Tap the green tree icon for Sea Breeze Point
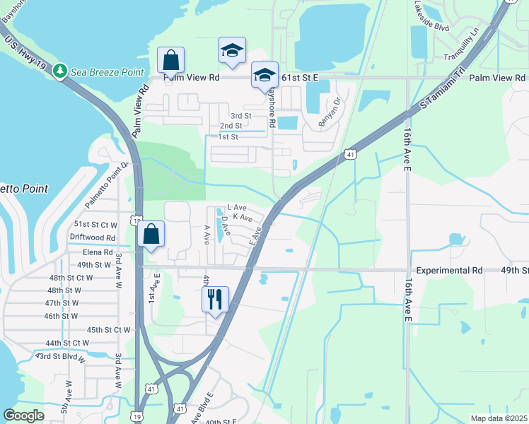tap(61, 71)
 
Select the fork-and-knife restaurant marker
tap(214, 298)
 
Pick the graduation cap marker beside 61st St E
tap(264, 75)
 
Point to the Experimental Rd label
tap(449, 271)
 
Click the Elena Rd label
tap(98, 252)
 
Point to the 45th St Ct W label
tap(109, 329)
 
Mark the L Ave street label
tap(236, 207)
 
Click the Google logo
tap(23, 416)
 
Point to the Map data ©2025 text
tap(498, 418)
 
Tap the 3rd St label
tap(241, 115)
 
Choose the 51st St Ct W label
tap(93, 224)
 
